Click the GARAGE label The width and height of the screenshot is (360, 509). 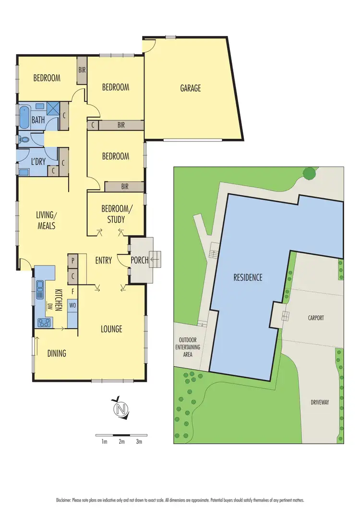(x=191, y=88)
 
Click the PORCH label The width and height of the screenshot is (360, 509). (x=140, y=260)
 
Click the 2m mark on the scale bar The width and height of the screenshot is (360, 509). (x=121, y=441)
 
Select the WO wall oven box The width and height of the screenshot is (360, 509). (x=72, y=305)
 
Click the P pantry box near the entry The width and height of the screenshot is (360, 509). (x=72, y=260)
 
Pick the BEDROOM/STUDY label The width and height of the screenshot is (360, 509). (x=113, y=214)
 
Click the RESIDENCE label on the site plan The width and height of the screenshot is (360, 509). (x=248, y=277)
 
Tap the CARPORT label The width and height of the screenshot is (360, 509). (x=316, y=318)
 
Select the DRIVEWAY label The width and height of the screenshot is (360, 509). (x=319, y=402)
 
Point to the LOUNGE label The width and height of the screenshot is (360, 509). (x=111, y=329)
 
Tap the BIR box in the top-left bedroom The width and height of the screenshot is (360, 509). (x=82, y=70)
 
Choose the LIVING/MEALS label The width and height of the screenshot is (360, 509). (x=47, y=220)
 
